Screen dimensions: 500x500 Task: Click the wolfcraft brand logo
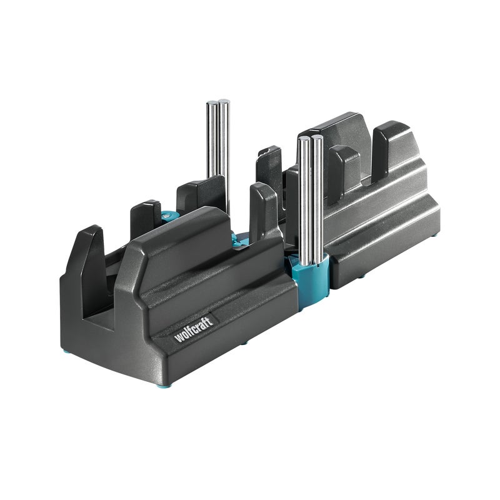[x=194, y=329]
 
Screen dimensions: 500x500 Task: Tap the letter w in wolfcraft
[x=178, y=338]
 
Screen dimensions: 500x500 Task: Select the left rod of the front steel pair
[x=303, y=200]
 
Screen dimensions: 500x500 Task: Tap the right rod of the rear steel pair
[x=224, y=156]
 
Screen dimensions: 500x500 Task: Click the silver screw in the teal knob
[x=165, y=217]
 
